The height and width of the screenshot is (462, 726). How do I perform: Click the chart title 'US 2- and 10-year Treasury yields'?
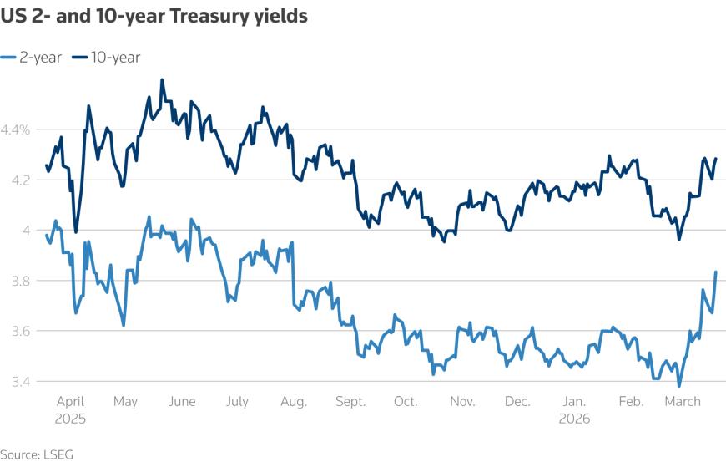coord(154,17)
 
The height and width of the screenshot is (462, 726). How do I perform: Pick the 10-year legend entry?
coord(106,57)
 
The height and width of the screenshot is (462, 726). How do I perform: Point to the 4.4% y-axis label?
coord(16,129)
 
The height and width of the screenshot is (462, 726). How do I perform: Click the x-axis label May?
coord(124,402)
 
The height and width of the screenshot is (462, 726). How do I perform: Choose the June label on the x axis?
coord(181,402)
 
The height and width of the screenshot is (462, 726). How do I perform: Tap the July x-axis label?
coord(237,402)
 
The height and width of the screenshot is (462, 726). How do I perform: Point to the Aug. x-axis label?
coord(293,402)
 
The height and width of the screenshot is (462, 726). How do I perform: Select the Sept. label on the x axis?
coord(350,402)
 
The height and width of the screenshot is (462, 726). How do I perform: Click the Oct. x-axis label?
coord(406,402)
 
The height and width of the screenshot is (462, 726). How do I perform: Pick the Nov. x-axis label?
coord(461,402)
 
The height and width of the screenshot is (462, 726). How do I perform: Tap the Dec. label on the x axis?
coord(518,402)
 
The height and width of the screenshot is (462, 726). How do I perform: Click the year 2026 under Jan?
coord(574,419)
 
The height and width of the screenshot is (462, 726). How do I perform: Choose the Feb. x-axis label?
coord(631,402)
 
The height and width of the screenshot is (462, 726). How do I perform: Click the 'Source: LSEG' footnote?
coord(31,454)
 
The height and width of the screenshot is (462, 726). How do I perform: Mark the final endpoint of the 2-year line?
coord(716,272)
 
